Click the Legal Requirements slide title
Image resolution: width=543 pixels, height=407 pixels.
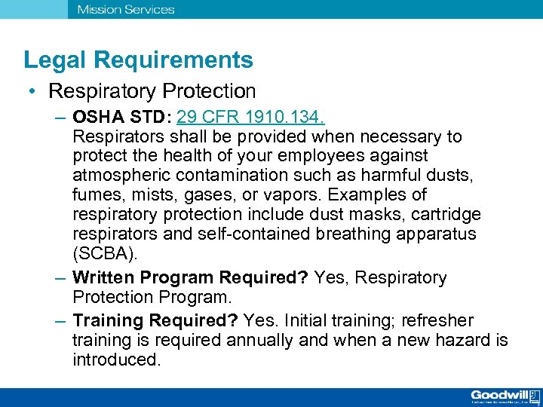pos(138,60)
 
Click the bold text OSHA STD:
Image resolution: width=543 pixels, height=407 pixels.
pos(122,118)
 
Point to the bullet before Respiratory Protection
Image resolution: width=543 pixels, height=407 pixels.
pos(33,92)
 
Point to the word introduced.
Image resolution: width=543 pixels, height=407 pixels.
pos(117,360)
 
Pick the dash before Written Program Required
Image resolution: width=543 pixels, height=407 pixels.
pos(60,278)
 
